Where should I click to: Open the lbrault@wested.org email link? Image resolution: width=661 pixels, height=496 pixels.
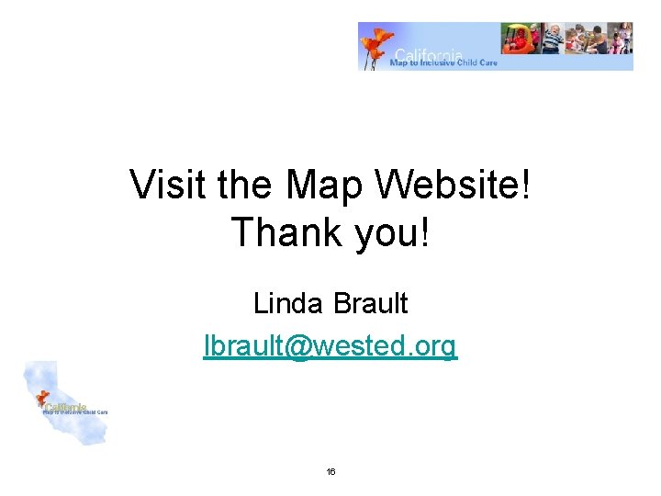click(330, 346)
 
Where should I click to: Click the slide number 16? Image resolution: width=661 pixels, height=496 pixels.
click(330, 472)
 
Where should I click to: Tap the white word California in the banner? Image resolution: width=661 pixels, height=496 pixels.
click(428, 54)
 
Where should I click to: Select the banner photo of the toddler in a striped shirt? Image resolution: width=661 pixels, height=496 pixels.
click(551, 40)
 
